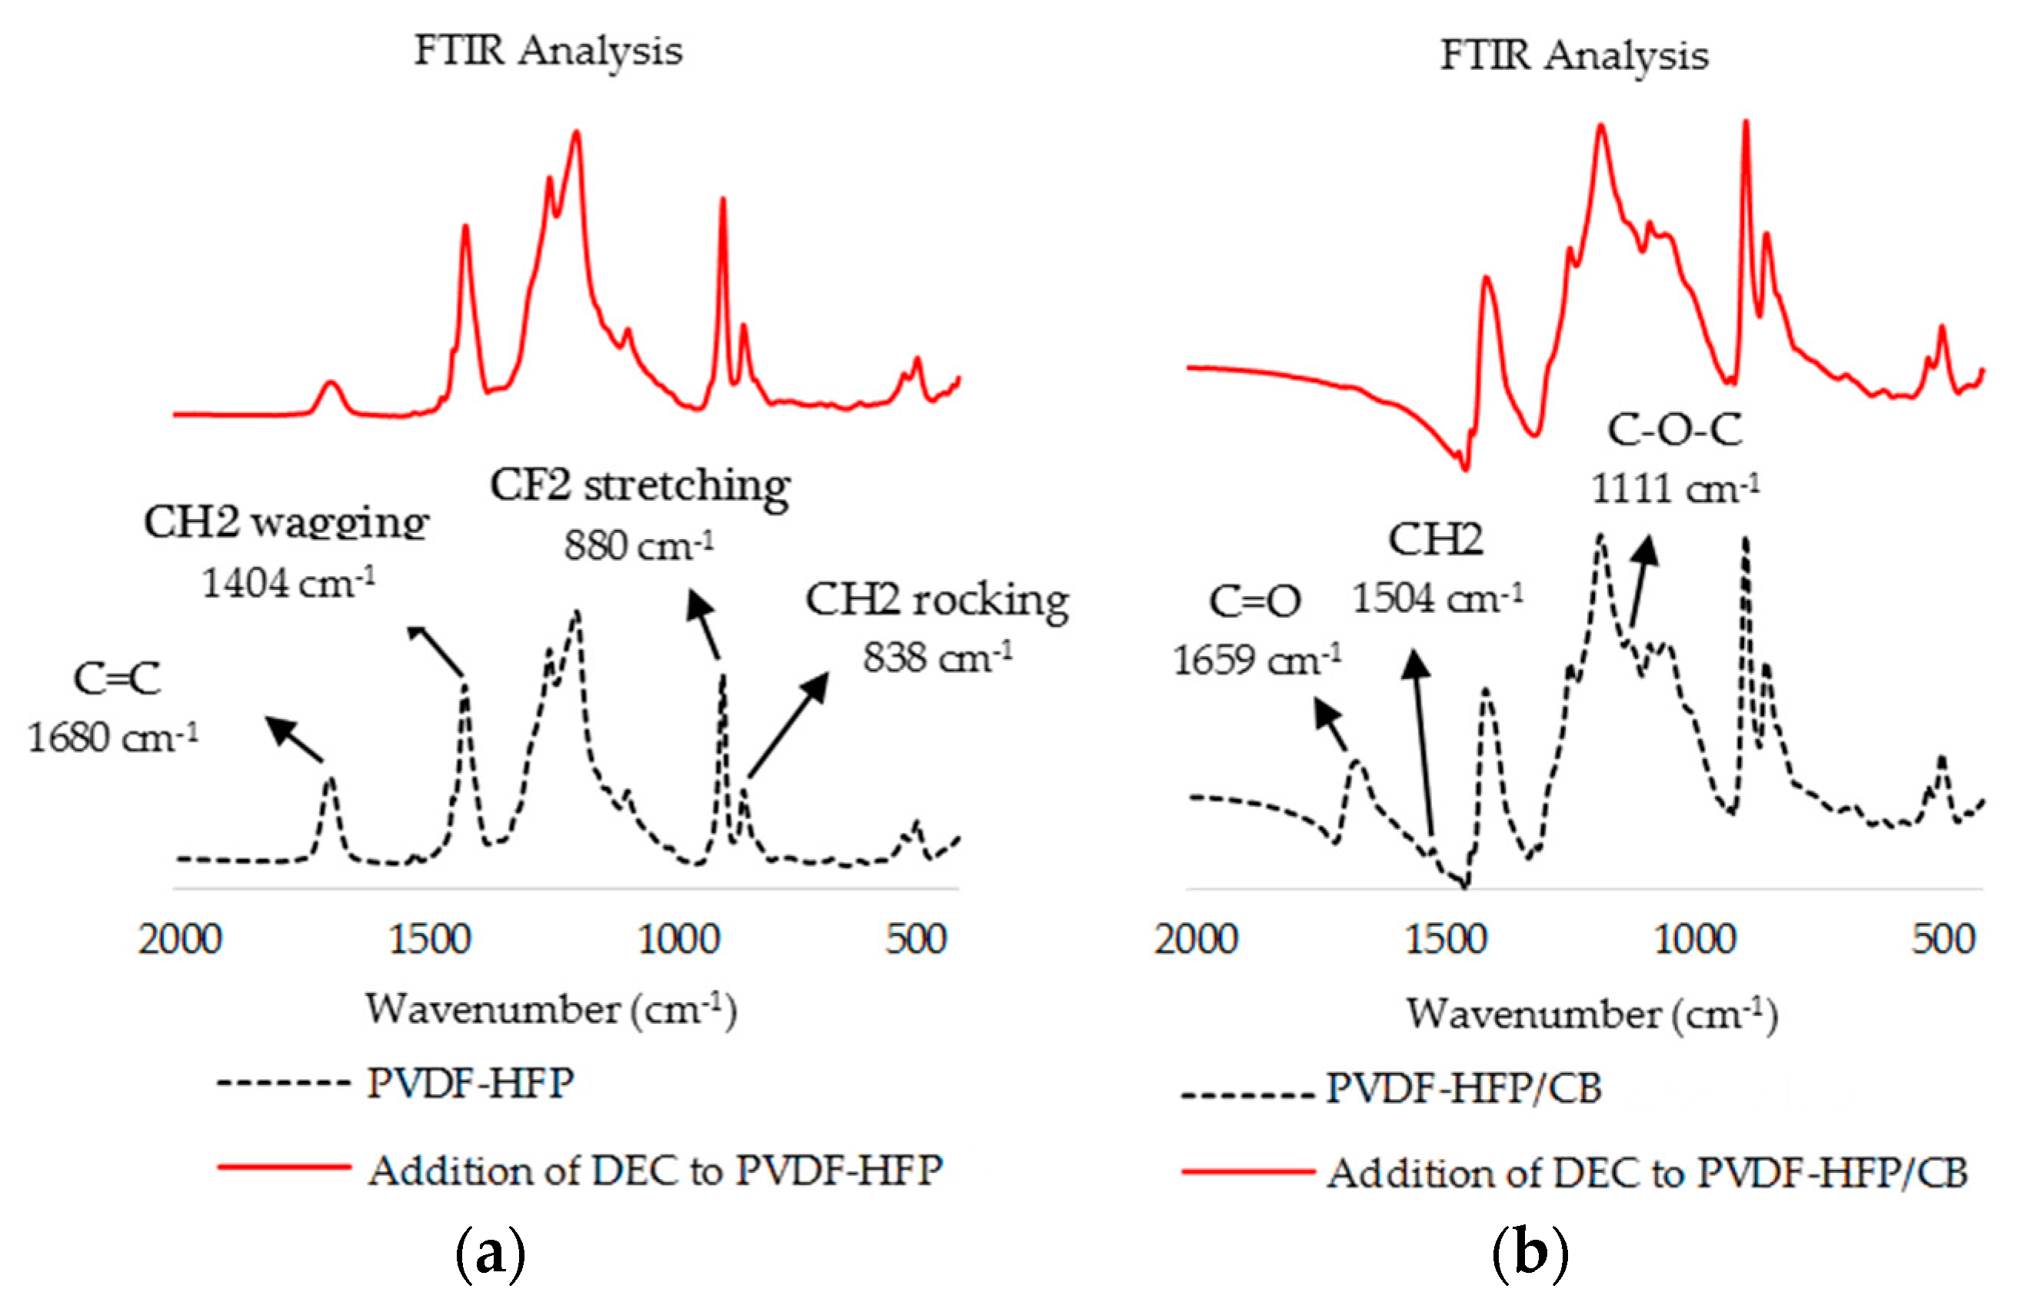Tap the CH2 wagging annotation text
coord(286,522)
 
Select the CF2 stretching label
coord(640,486)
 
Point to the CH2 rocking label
coord(937,600)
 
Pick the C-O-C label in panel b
coord(1674,430)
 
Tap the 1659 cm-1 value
coord(1257,661)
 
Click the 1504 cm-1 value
coord(1437,598)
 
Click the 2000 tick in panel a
coord(180,940)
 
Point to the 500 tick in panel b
coord(1943,940)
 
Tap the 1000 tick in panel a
coord(679,940)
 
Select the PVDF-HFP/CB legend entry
coord(1463,1089)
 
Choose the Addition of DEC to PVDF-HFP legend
coord(654,1171)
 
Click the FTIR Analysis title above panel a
coord(548,51)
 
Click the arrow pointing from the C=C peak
coord(294,738)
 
